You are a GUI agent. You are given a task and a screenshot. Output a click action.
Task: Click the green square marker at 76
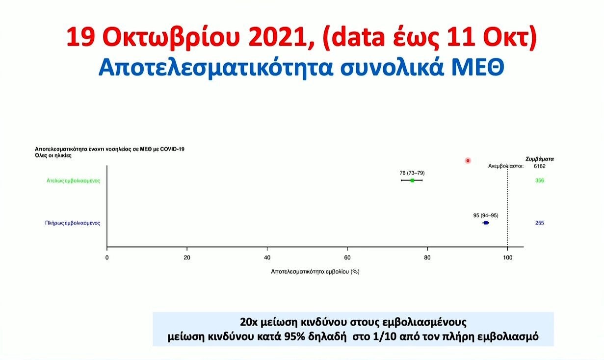(412, 180)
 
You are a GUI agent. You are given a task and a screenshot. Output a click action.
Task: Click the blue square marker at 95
(486, 223)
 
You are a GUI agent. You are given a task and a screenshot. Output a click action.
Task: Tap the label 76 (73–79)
(412, 173)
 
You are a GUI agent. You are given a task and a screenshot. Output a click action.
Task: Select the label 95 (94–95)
(486, 216)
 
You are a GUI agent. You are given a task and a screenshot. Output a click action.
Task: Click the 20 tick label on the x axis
(187, 257)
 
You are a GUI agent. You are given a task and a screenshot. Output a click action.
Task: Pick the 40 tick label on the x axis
(267, 257)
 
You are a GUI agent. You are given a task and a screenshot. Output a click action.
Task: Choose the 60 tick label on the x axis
(347, 257)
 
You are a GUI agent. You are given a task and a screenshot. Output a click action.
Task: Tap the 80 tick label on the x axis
(427, 257)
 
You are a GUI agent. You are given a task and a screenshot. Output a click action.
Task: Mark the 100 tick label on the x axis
(507, 257)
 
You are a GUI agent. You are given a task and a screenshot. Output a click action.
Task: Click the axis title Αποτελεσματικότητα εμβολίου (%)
(315, 272)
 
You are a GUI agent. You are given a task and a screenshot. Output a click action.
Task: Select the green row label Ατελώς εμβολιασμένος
(73, 180)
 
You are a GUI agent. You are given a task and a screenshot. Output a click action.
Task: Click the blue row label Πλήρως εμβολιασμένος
(73, 223)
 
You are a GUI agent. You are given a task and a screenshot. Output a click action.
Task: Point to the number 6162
(540, 166)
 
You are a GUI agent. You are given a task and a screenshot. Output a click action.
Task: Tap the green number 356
(540, 180)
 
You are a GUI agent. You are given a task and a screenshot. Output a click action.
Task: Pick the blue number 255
(540, 223)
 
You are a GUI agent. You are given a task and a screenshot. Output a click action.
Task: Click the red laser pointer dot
(468, 160)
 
